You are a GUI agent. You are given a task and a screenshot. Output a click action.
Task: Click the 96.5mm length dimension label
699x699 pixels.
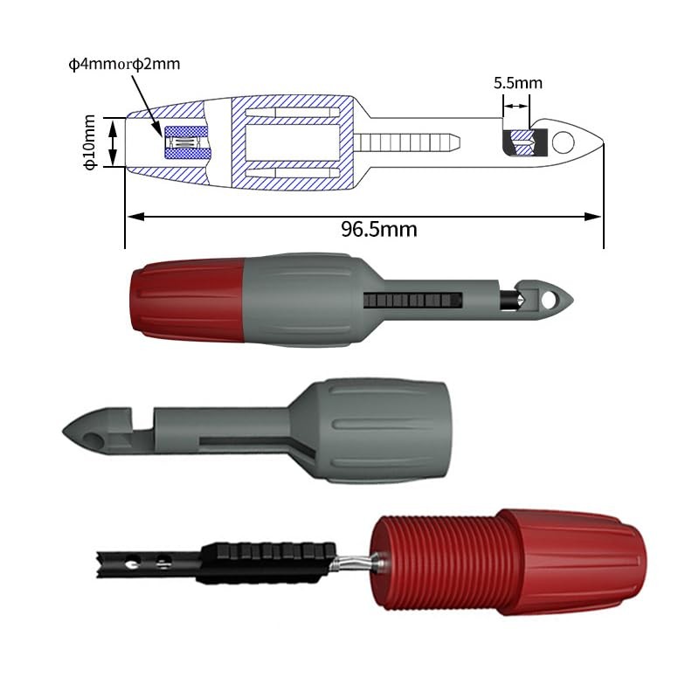click(x=378, y=230)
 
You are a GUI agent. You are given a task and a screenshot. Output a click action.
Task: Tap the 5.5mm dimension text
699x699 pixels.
click(x=517, y=84)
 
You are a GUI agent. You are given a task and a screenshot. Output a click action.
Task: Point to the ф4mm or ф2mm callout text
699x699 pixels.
click(x=125, y=64)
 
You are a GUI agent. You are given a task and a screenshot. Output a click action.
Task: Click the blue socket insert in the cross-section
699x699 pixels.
click(x=187, y=142)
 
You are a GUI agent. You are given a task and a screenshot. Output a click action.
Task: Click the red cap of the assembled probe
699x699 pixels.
click(x=185, y=300)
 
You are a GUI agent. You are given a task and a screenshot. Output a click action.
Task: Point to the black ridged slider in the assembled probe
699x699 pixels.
click(x=410, y=300)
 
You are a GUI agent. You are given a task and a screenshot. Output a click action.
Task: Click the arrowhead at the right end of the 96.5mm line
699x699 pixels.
click(x=599, y=216)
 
